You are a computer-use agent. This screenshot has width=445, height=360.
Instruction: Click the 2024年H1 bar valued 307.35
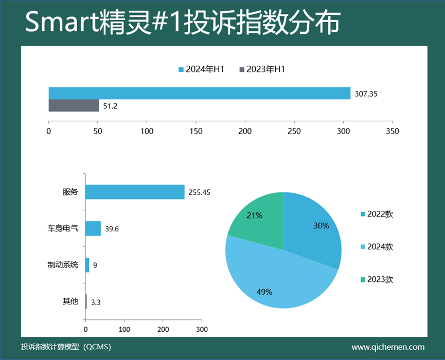199,93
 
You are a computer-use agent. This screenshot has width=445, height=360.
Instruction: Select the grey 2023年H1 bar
74,105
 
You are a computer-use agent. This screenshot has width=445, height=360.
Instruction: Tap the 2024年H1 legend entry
201,69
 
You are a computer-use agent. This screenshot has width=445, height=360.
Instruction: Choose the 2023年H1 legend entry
262,69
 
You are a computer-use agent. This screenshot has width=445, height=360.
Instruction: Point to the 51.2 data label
110,106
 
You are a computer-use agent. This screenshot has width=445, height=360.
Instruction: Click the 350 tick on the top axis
392,131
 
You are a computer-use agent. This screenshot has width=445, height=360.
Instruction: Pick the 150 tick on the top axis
196,131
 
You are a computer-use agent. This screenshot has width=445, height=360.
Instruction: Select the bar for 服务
135,192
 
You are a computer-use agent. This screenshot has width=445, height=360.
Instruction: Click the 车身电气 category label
63,228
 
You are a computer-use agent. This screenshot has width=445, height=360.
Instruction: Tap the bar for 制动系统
87,265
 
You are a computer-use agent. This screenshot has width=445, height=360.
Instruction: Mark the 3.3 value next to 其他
95,302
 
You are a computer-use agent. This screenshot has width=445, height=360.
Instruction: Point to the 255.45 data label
200,192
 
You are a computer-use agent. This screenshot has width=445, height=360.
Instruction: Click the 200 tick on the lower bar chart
163,329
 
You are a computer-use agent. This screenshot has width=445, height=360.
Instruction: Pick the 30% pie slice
314,226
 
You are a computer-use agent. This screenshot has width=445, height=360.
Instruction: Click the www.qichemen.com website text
388,347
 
